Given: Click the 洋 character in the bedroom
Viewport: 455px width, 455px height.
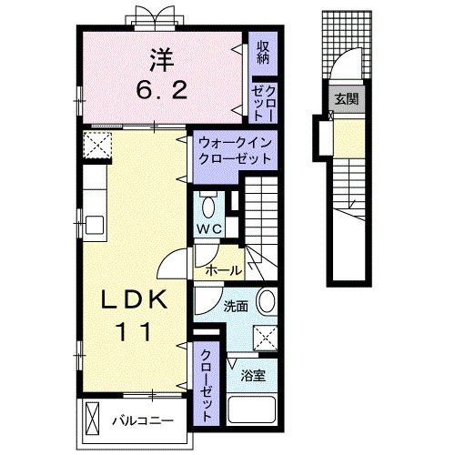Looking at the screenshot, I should point(161,59).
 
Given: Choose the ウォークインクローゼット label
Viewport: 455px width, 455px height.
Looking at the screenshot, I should point(235,149).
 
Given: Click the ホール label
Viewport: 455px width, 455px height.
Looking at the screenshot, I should point(222,270).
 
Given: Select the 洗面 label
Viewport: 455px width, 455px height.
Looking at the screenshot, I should point(236,307).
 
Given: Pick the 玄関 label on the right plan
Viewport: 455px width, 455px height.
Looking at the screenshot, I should point(344,99).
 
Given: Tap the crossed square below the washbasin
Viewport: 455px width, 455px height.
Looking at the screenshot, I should point(265,337).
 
